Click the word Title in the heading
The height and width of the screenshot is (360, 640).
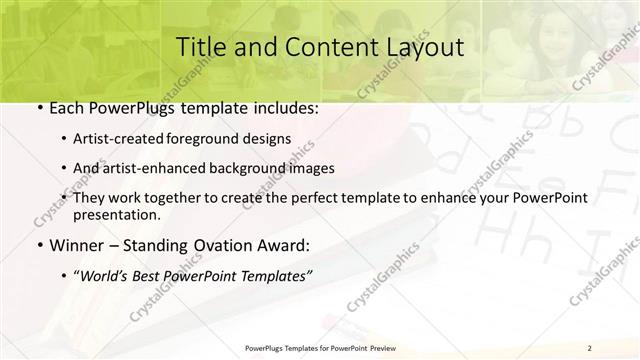[x=200, y=47]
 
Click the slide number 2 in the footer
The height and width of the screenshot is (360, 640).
[x=590, y=348]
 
